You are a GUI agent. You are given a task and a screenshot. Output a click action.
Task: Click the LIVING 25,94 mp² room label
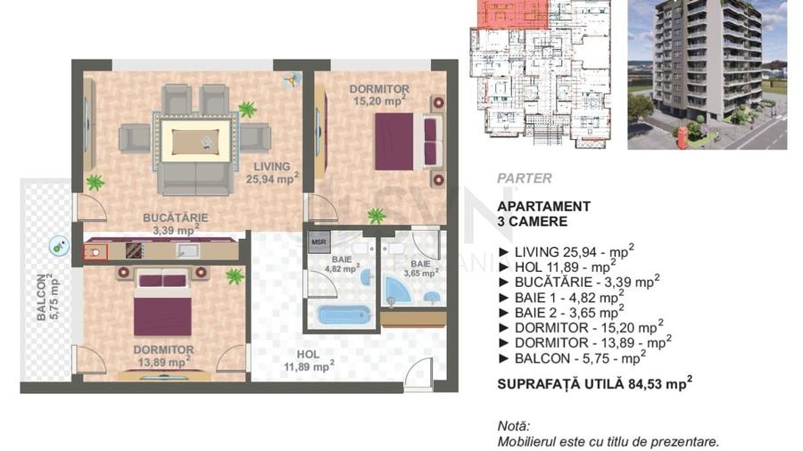tap(272, 173)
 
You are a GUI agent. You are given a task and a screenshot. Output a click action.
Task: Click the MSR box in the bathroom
tap(318, 242)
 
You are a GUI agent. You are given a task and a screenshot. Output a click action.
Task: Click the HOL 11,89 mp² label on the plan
tap(308, 360)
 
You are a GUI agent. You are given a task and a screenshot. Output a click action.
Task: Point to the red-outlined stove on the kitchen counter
tap(95, 251)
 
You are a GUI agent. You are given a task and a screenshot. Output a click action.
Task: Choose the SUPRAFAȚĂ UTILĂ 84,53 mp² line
tap(595, 385)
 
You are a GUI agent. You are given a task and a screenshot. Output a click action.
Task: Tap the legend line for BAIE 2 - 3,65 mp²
tap(567, 312)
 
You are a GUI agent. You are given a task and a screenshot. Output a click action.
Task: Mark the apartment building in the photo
tap(700, 62)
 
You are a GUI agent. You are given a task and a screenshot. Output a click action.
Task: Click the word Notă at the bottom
tap(514, 425)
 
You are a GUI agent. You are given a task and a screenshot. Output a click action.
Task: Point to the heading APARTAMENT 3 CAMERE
tap(543, 213)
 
